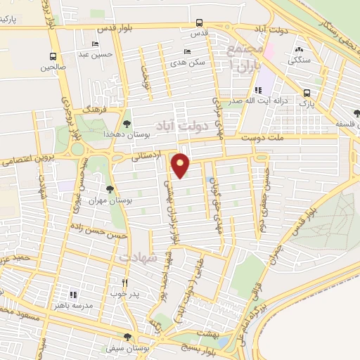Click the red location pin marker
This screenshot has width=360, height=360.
(x=181, y=165)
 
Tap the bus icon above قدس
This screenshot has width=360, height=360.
(x=200, y=22)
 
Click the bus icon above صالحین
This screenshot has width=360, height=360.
(x=53, y=56)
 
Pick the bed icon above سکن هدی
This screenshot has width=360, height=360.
(x=186, y=51)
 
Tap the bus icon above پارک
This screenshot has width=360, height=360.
(x=307, y=93)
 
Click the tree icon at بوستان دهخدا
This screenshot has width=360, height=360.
(x=126, y=123)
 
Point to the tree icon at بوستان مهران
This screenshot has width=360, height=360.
(x=109, y=189)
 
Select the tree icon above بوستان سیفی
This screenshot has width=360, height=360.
(x=127, y=337)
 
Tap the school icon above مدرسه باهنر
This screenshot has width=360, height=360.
(x=72, y=295)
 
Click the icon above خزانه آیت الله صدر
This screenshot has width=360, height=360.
(x=258, y=90)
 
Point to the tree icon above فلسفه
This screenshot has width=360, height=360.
(x=356, y=113)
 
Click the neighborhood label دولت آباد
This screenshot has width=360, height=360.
(x=184, y=127)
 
